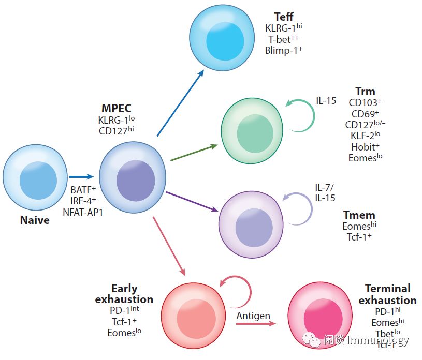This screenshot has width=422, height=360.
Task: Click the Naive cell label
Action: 35,220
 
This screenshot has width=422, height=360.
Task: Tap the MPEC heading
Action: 117,109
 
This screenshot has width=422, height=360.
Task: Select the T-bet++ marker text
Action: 283,39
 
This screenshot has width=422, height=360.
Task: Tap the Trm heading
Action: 365,92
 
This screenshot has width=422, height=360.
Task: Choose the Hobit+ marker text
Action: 366,146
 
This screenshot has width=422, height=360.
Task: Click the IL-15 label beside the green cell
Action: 326,100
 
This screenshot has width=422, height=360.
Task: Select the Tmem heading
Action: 359,215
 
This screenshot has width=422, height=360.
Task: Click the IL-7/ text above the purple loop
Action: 324,187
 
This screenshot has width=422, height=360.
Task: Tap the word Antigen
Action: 253,316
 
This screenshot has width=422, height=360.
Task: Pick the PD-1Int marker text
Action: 124,310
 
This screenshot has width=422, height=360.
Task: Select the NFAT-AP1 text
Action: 83,211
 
